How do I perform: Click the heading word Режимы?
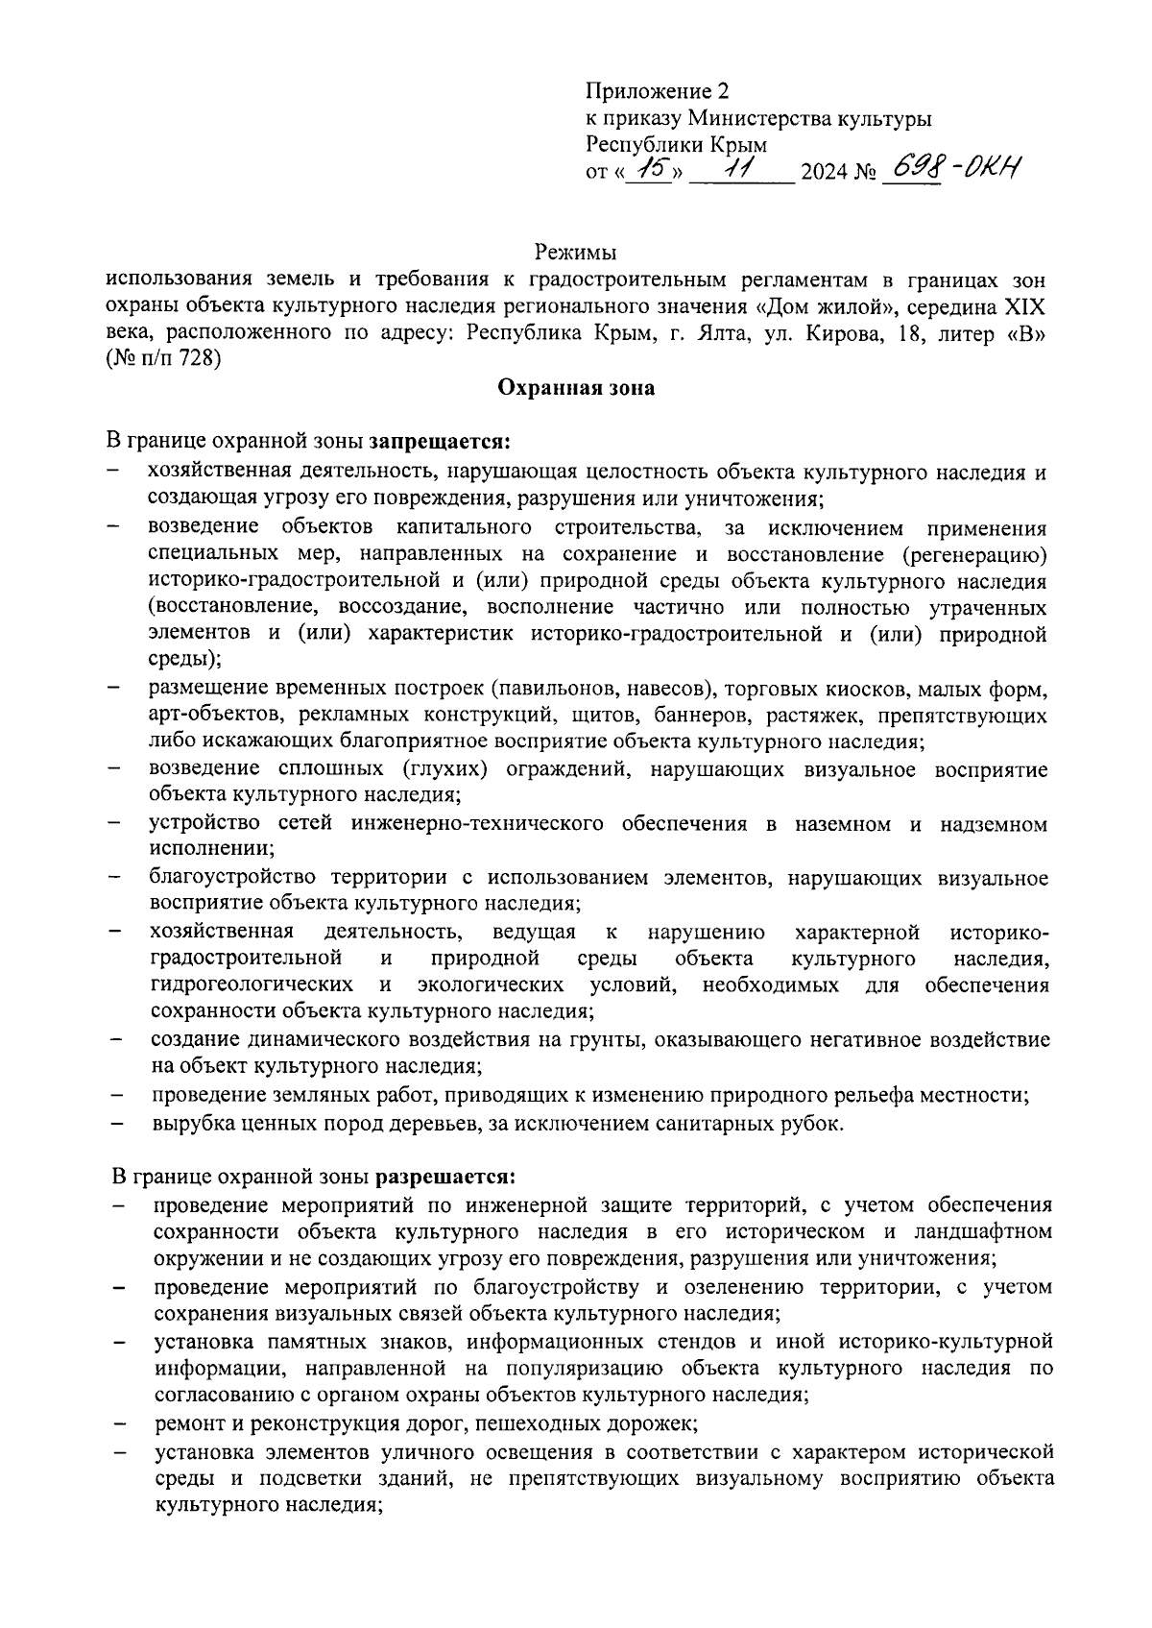click(575, 253)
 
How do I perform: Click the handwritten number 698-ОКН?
click(950, 171)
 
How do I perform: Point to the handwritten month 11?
click(740, 171)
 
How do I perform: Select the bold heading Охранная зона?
click(575, 388)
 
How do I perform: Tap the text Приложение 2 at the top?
click(658, 91)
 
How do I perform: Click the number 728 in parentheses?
click(200, 360)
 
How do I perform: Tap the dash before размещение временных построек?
click(115, 689)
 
